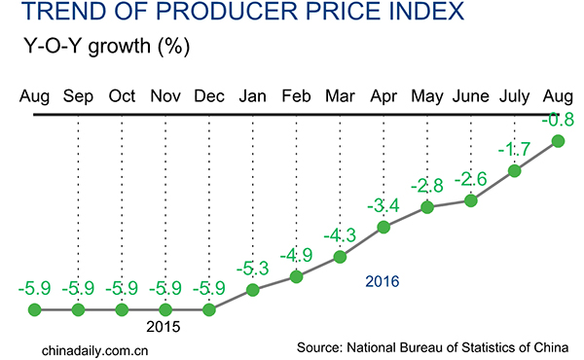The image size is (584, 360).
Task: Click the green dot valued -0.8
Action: coord(559,142)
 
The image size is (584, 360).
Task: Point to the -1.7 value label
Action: coord(514,150)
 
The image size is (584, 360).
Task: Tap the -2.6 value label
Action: coord(470,179)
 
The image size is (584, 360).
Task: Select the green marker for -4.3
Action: coord(340,257)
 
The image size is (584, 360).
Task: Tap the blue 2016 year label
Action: coord(383,281)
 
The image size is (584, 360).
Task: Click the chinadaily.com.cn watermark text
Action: coord(96,347)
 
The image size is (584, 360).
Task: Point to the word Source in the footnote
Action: coord(319,347)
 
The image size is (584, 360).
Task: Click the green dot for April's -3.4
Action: coord(383,227)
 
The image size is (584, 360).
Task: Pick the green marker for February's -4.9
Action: coord(296,277)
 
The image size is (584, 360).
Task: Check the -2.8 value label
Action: coord(426,185)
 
